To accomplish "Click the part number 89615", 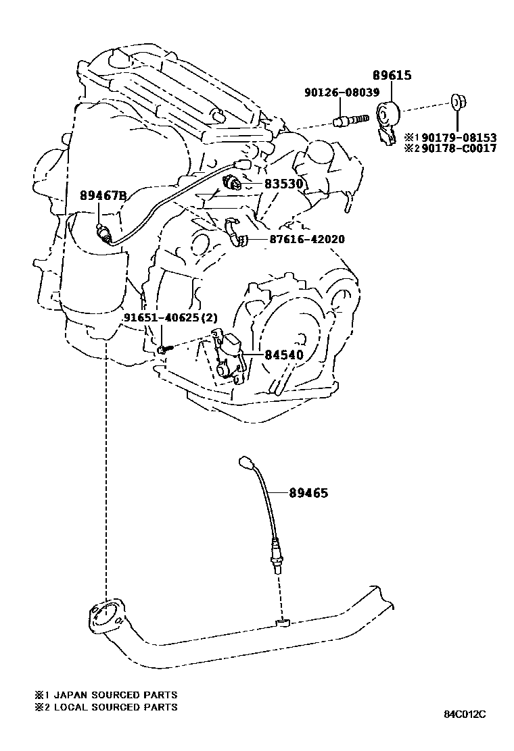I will click(392, 76).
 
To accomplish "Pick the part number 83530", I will click(283, 184).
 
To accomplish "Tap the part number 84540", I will click(278, 355).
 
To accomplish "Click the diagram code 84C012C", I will click(465, 714).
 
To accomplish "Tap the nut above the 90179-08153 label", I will click(457, 103).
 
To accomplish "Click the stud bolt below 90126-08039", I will click(350, 120).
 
